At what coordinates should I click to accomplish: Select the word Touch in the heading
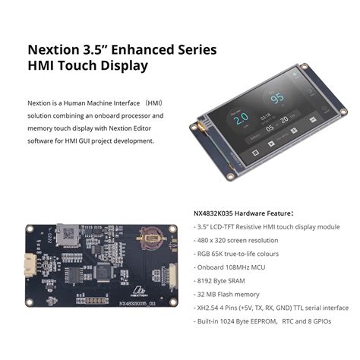tap(81, 66)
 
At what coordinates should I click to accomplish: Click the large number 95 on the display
tap(279, 98)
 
